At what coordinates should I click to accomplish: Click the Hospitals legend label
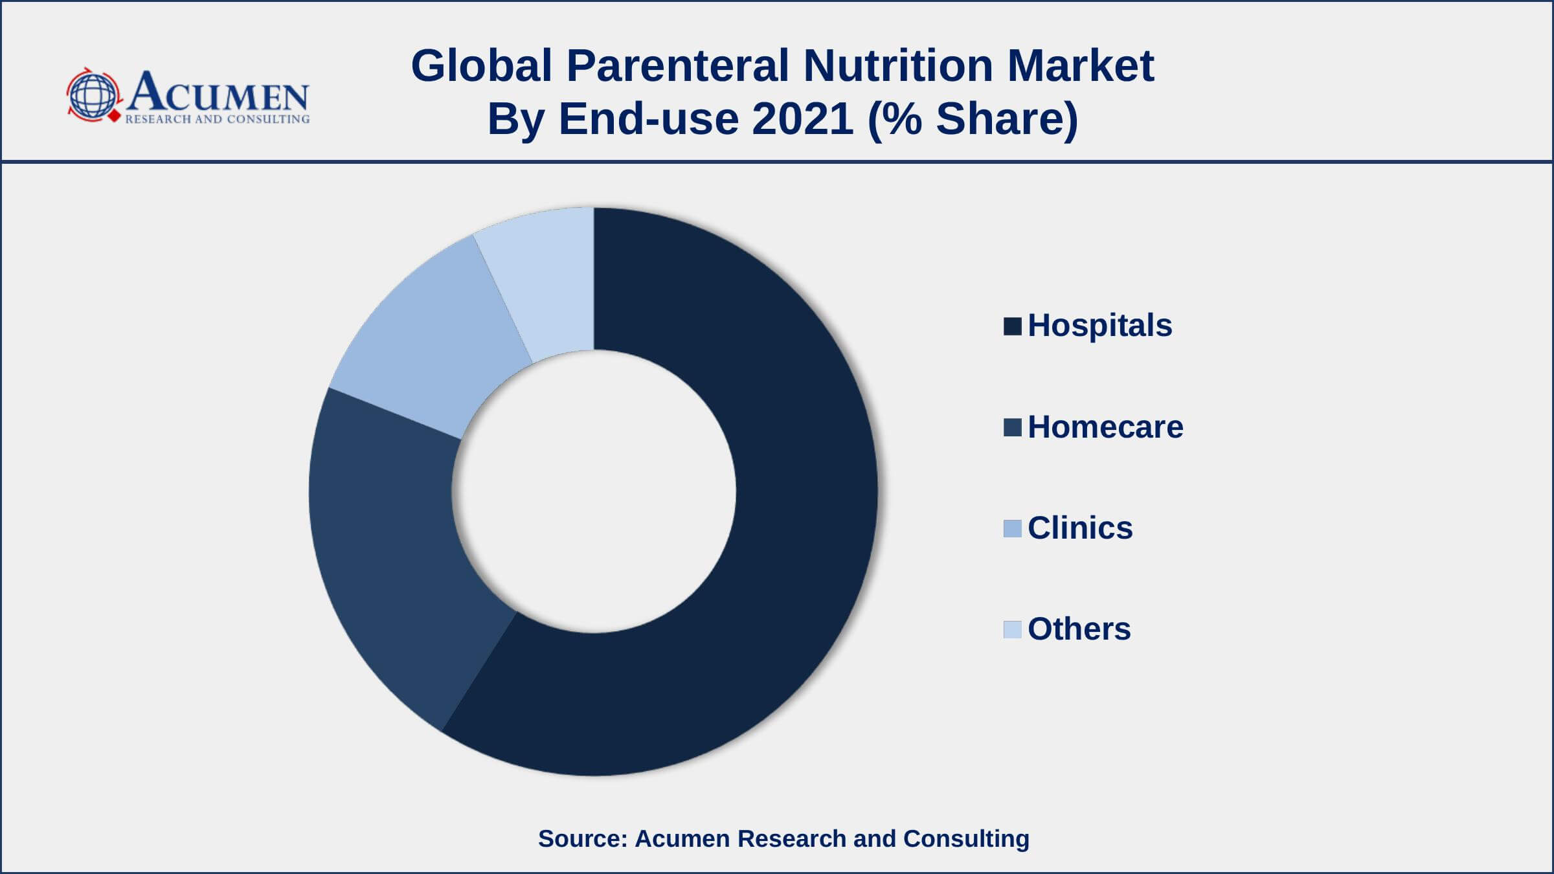coord(1099,325)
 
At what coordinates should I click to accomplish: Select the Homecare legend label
coord(1105,427)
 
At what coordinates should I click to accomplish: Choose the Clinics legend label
coord(1080,528)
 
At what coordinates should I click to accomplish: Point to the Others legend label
coord(1079,629)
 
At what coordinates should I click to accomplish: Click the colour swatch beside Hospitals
coord(1012,326)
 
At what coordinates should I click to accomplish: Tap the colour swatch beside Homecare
coord(1012,427)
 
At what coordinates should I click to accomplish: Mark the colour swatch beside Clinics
coord(1012,528)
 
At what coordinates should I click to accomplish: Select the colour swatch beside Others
coord(1012,629)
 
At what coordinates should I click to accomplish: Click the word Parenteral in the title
coord(677,65)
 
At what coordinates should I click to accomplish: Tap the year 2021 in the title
coord(802,118)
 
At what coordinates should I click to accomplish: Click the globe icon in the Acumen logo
coord(93,95)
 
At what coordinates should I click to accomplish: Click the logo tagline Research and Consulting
coord(217,119)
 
